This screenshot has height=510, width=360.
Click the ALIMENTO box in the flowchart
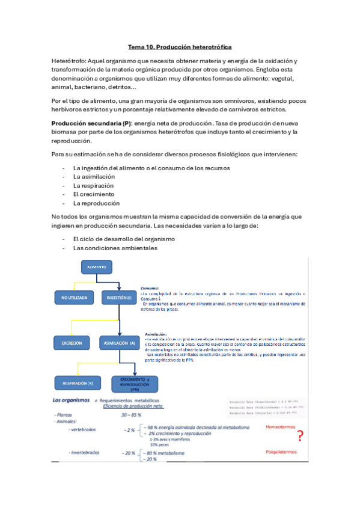(x=97, y=266)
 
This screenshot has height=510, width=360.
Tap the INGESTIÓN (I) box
(x=118, y=297)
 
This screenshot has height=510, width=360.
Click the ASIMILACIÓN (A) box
(x=118, y=343)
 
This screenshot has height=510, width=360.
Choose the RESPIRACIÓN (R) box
(x=74, y=382)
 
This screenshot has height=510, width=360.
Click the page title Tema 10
(x=180, y=46)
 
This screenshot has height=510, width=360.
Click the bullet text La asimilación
(x=94, y=177)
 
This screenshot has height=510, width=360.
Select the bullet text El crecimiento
(x=94, y=194)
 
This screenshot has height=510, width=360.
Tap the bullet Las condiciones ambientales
(x=107, y=248)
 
